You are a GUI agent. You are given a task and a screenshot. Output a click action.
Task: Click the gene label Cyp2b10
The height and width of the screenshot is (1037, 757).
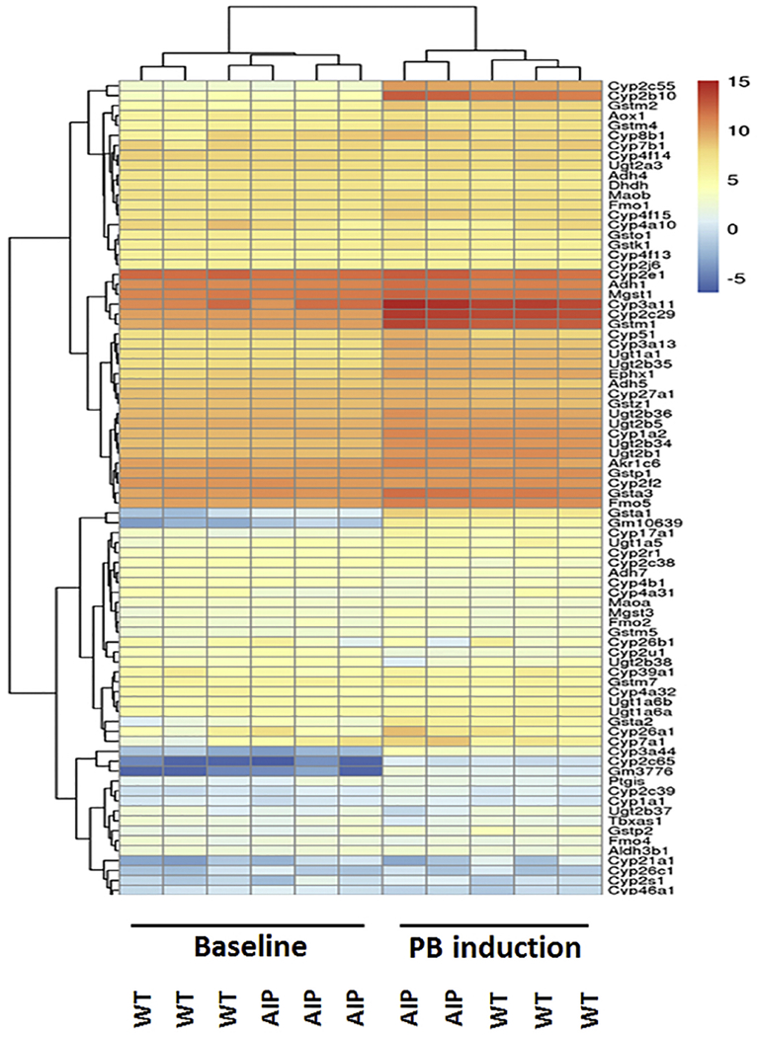(x=634, y=96)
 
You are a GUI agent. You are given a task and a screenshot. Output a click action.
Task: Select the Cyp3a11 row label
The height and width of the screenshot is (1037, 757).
(x=634, y=306)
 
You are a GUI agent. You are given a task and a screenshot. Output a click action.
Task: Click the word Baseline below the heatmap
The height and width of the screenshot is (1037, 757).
(x=246, y=948)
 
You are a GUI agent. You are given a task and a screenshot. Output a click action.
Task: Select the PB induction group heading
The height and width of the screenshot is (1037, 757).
(x=493, y=948)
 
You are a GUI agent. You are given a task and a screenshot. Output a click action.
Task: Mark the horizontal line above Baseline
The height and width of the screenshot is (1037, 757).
(x=246, y=925)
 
